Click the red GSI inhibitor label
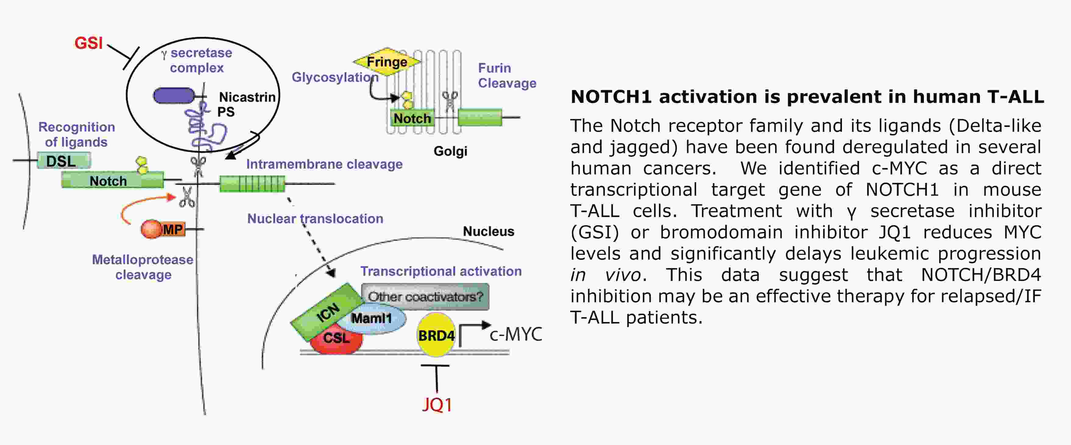click(x=88, y=43)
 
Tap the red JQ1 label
click(x=437, y=404)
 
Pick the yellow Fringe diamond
click(x=387, y=62)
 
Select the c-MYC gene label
click(x=515, y=335)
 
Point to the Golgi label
click(x=450, y=151)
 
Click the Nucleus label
click(x=489, y=231)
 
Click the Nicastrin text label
click(x=247, y=97)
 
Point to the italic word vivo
click(x=622, y=275)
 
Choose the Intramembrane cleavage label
click(x=324, y=164)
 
